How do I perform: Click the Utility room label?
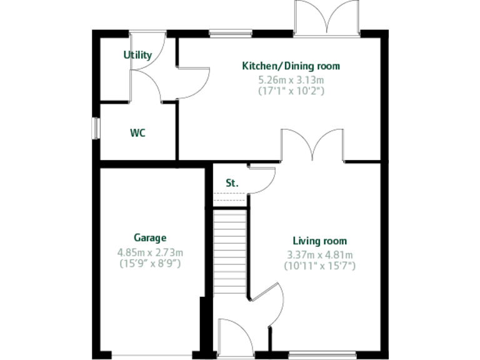pos(137,55)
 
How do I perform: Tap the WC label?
pos(138,133)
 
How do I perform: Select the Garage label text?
pos(150,237)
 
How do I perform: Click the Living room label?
pos(320,241)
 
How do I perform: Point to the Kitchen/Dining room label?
pos(291,66)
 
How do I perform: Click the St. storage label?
pos(232,183)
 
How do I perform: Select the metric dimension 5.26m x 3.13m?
pos(291,80)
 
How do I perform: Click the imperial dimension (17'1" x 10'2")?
pos(291,91)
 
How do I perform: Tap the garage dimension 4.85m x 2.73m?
pos(150,252)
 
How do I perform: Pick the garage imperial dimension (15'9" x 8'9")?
pos(150,263)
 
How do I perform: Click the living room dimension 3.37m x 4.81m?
pos(320,255)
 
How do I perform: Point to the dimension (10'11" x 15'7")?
pos(320,266)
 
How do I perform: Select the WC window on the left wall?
pos(96,128)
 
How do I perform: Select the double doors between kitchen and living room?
pos(312,145)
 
